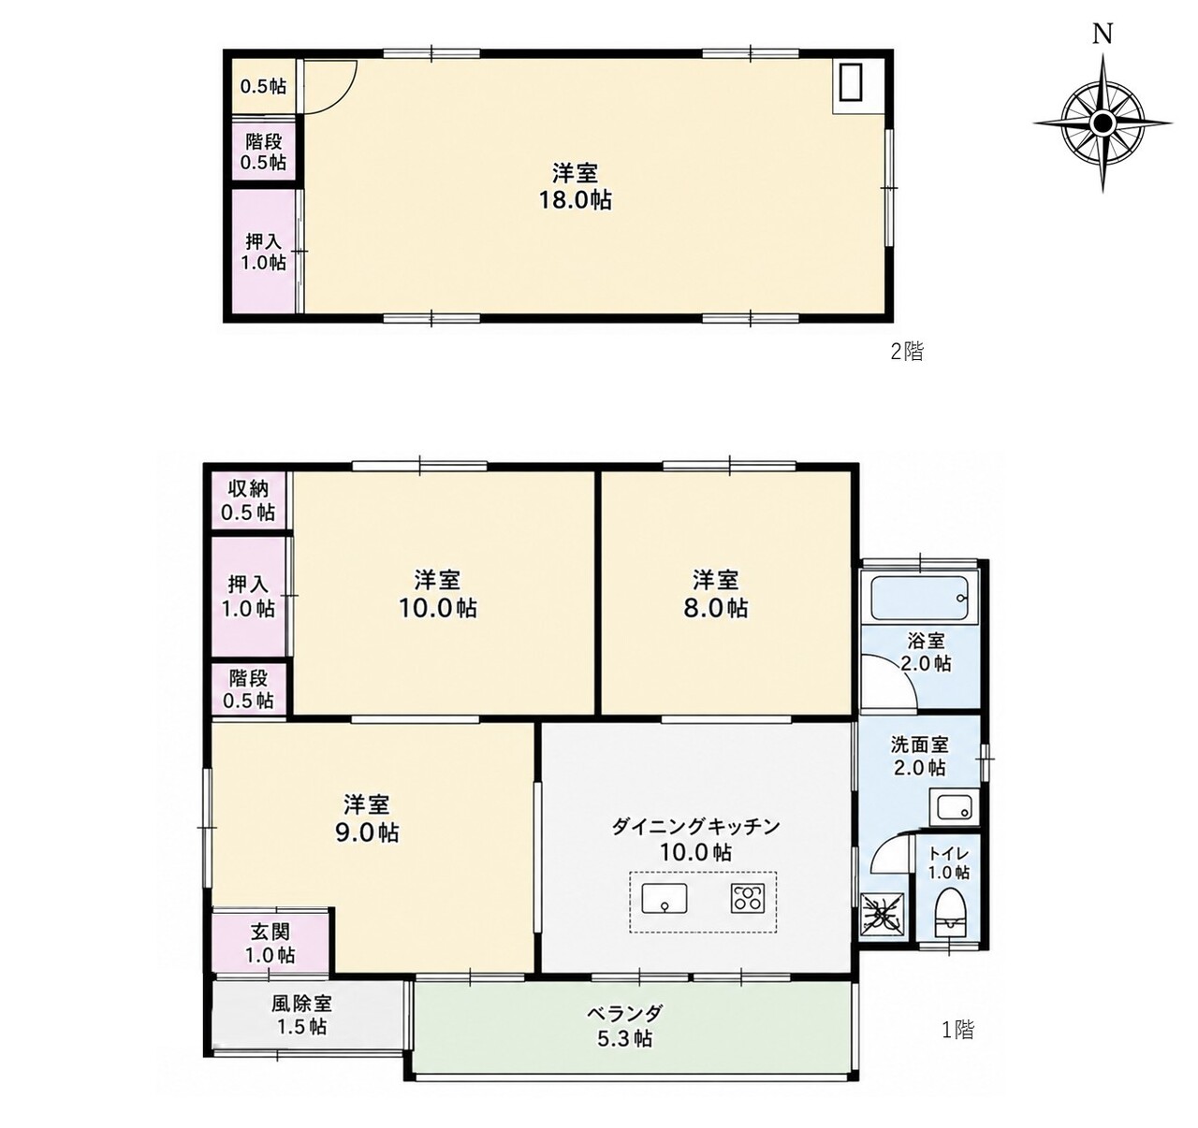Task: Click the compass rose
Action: point(1103,123)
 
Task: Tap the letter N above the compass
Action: point(1103,36)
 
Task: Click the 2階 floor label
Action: point(907,352)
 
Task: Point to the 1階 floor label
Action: point(957,1029)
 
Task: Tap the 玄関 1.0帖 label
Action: point(270,944)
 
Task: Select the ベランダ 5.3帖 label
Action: point(625,1025)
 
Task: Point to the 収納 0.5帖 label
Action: point(248,500)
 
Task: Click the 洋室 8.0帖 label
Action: point(715,594)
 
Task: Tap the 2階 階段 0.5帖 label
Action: point(264,152)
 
